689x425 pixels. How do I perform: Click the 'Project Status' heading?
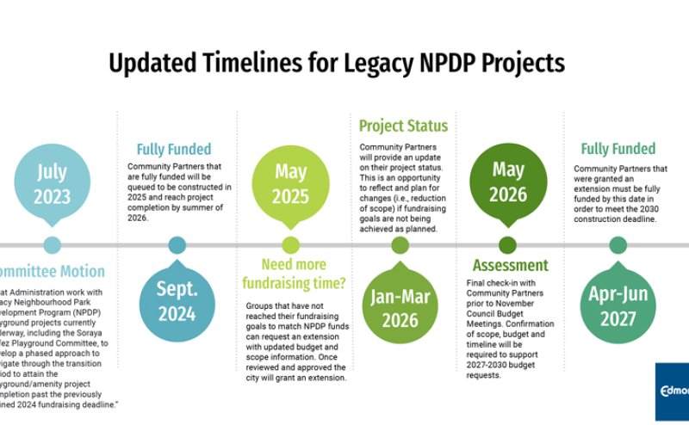pos(403,126)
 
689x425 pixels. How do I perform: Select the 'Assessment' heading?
pos(510,265)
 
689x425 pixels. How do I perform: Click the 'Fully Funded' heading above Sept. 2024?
pos(173,149)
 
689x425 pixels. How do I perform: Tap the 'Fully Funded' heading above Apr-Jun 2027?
pos(618,149)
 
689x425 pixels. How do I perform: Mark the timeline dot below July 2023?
pos(52,245)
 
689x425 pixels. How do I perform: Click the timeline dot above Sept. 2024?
pos(177,245)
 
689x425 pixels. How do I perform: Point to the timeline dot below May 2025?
pos(290,245)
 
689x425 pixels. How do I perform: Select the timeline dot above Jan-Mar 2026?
pos(400,245)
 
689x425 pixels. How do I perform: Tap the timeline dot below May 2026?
pos(507,245)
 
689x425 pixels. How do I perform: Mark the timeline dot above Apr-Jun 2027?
pos(618,245)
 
